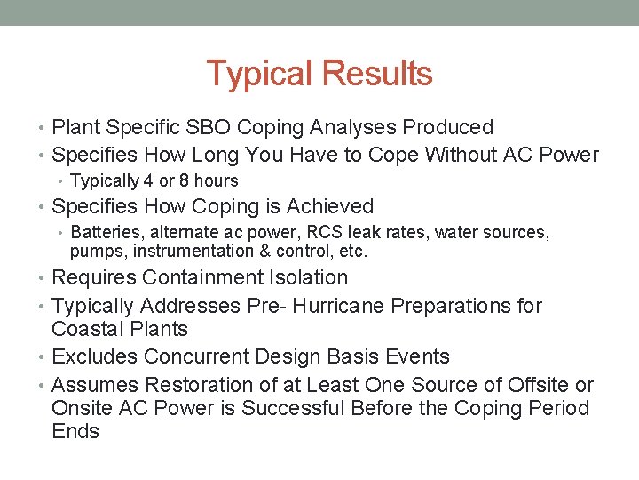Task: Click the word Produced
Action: (x=448, y=128)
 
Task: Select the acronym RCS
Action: (x=318, y=233)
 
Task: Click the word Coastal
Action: (x=87, y=329)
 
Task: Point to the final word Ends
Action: (x=75, y=432)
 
